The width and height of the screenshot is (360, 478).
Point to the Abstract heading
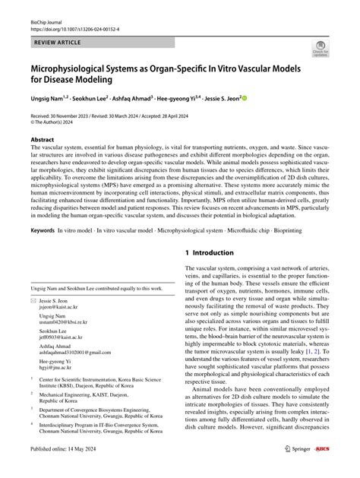[42, 141]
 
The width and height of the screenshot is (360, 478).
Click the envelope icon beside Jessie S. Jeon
[33, 302]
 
